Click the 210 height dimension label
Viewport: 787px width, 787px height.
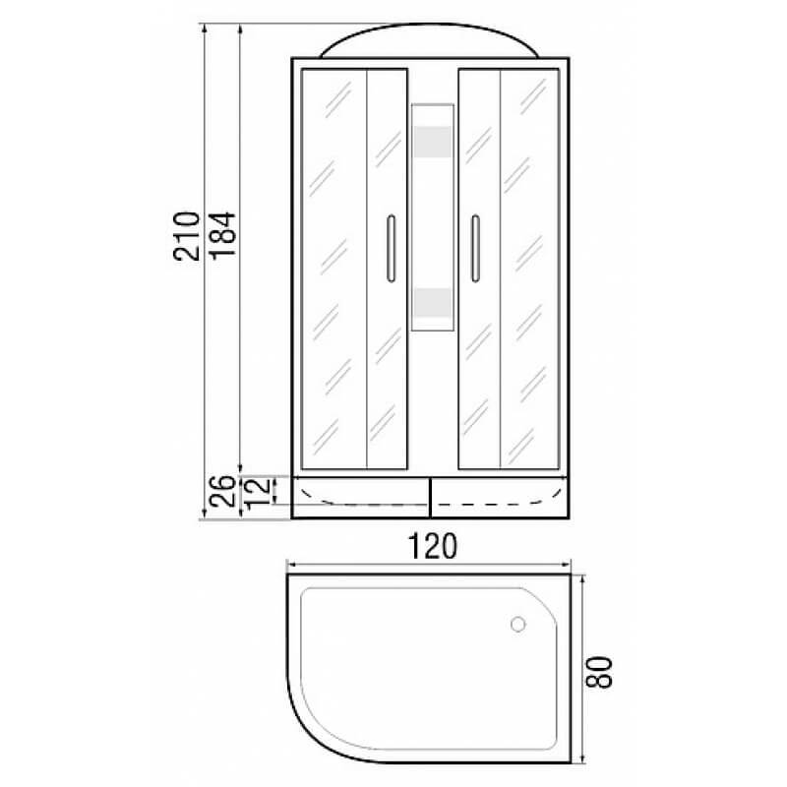tap(187, 236)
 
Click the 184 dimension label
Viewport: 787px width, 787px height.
tap(222, 235)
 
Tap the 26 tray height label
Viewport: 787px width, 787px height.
tap(222, 491)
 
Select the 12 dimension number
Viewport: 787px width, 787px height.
tap(258, 491)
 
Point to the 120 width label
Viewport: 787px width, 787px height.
tap(432, 546)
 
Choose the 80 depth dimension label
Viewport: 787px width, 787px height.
tap(599, 672)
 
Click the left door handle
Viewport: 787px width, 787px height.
tap(391, 249)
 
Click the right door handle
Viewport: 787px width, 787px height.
tap(475, 249)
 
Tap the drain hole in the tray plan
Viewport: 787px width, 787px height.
tap(518, 625)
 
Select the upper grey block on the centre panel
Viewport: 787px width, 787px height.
tap(433, 142)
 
